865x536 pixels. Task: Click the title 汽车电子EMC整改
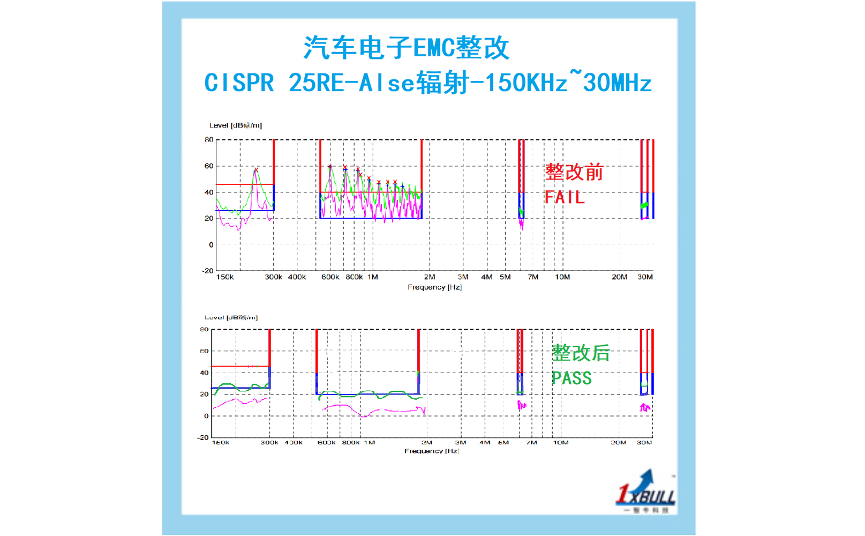[x=406, y=48]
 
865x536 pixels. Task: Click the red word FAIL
[x=564, y=197]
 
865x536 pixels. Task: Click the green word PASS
[x=571, y=378]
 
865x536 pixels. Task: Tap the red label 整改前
[x=574, y=172]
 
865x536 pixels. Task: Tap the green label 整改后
[x=581, y=353]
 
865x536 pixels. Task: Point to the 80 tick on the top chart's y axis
[x=208, y=139]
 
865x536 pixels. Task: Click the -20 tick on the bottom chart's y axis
[x=202, y=437]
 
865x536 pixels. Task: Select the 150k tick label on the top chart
[x=225, y=277]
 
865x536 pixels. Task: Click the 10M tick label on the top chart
[x=562, y=277]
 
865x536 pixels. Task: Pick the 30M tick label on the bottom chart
[x=644, y=443]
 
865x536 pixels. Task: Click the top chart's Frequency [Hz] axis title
[x=434, y=287]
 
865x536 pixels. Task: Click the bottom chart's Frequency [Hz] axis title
[x=431, y=451]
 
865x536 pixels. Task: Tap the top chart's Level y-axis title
[x=235, y=125]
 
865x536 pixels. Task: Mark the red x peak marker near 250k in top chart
[x=256, y=170]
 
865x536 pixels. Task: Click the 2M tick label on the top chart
[x=430, y=277]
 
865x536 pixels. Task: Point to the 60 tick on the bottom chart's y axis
[x=204, y=351]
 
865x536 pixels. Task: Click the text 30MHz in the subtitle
[x=617, y=83]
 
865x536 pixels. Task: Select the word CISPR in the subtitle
[x=239, y=83]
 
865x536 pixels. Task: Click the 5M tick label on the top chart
[x=505, y=277]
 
